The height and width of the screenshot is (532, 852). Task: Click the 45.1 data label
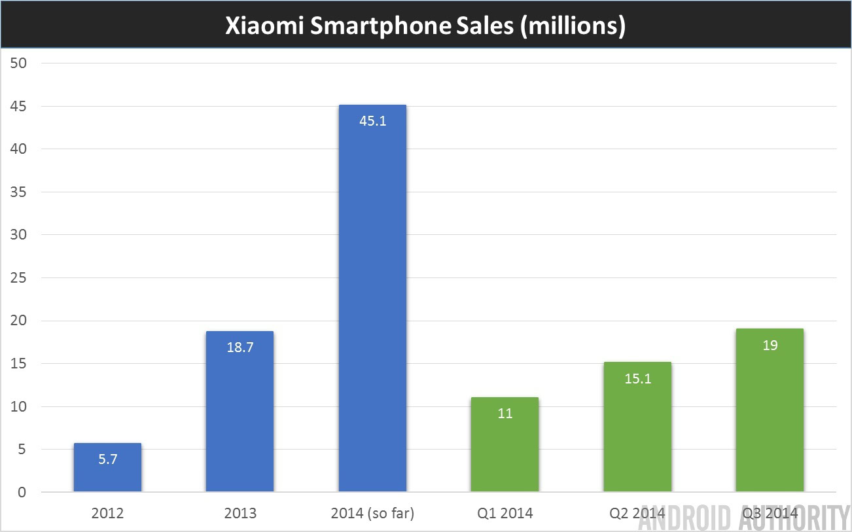pyautogui.click(x=373, y=120)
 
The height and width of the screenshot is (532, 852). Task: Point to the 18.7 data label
pyautogui.click(x=240, y=347)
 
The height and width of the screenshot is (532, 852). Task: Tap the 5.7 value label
pyautogui.click(x=107, y=459)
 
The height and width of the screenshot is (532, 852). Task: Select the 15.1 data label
pyautogui.click(x=637, y=378)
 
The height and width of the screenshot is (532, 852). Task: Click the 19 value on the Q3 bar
pyautogui.click(x=770, y=345)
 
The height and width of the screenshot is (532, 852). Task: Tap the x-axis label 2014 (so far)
pyautogui.click(x=372, y=514)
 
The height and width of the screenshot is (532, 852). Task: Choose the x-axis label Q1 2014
pyautogui.click(x=505, y=514)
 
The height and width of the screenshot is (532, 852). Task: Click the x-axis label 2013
pyautogui.click(x=240, y=514)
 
